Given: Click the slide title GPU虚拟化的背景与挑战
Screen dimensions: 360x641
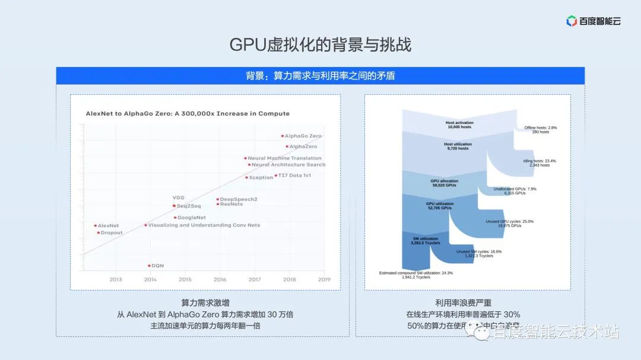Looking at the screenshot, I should pyautogui.click(x=320, y=45).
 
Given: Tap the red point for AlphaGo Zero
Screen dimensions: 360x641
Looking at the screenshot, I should pyautogui.click(x=283, y=136).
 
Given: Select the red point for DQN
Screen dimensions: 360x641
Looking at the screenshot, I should pyautogui.click(x=149, y=266).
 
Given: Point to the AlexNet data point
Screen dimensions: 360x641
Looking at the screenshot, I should pyautogui.click(x=96, y=225).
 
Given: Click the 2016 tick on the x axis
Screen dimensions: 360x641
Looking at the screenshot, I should pyautogui.click(x=220, y=279).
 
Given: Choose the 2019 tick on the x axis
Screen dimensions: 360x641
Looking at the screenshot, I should pyautogui.click(x=324, y=279).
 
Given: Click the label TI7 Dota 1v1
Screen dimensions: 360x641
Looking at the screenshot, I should pyautogui.click(x=295, y=176).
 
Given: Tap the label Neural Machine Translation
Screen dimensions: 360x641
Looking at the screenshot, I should pyautogui.click(x=284, y=158).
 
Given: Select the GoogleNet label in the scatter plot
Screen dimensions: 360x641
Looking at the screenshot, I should pyautogui.click(x=192, y=218).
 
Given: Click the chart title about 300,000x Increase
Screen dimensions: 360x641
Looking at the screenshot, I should pyautogui.click(x=188, y=113).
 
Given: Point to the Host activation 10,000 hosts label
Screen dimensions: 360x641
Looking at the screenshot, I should pyautogui.click(x=459, y=125).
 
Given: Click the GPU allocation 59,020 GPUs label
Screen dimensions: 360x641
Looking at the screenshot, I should pyautogui.click(x=444, y=183).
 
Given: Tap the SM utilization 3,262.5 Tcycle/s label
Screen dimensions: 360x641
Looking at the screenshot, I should pyautogui.click(x=426, y=241).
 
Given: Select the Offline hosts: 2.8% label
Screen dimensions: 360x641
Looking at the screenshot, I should pyautogui.click(x=540, y=130).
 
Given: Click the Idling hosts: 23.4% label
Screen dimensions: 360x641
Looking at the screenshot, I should pyautogui.click(x=540, y=163).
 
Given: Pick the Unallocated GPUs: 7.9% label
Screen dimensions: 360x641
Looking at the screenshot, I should pyautogui.click(x=515, y=191).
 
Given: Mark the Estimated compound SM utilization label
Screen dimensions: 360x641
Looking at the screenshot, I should pyautogui.click(x=415, y=275).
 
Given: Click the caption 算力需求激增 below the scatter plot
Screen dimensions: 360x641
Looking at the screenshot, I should pyautogui.click(x=205, y=302).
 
